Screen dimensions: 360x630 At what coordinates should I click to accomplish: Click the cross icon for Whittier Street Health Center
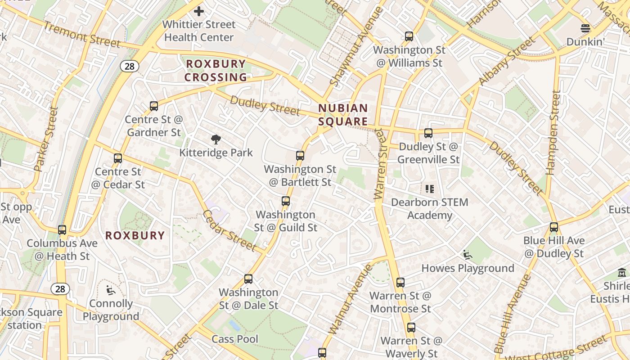pyautogui.click(x=198, y=11)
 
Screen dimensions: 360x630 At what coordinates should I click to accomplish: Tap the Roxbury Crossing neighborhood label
pyautogui.click(x=216, y=71)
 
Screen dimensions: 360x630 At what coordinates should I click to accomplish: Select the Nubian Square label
pyautogui.click(x=343, y=115)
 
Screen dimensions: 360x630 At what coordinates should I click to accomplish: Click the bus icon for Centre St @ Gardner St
pyautogui.click(x=154, y=106)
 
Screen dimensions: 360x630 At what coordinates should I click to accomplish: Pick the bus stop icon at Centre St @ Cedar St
pyautogui.click(x=118, y=158)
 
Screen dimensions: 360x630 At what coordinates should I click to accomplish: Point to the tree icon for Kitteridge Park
pyautogui.click(x=216, y=139)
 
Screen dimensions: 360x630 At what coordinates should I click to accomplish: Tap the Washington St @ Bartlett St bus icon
pyautogui.click(x=300, y=156)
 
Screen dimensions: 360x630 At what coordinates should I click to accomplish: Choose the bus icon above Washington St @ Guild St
pyautogui.click(x=286, y=201)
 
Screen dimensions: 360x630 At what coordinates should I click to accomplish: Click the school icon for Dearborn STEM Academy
pyautogui.click(x=430, y=189)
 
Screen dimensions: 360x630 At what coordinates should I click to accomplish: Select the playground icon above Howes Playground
pyautogui.click(x=468, y=255)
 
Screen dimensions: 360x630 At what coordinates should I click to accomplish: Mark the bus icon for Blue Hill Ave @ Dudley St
pyautogui.click(x=554, y=227)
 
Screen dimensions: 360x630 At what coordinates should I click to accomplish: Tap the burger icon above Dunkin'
pyautogui.click(x=585, y=28)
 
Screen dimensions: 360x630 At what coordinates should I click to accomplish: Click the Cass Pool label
pyautogui.click(x=235, y=339)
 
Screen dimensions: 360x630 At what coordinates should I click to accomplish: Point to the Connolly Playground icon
pyautogui.click(x=111, y=290)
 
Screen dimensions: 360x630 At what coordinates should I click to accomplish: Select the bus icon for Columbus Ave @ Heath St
pyautogui.click(x=62, y=230)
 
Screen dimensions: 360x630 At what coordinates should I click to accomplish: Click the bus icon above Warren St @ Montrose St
pyautogui.click(x=400, y=283)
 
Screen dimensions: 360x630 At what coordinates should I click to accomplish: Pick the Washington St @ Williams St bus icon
pyautogui.click(x=409, y=36)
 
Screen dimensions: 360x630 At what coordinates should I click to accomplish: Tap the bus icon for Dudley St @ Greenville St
pyautogui.click(x=428, y=133)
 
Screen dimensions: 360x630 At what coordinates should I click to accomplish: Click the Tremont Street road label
pyautogui.click(x=82, y=34)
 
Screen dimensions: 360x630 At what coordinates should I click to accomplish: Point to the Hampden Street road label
pyautogui.click(x=552, y=132)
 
